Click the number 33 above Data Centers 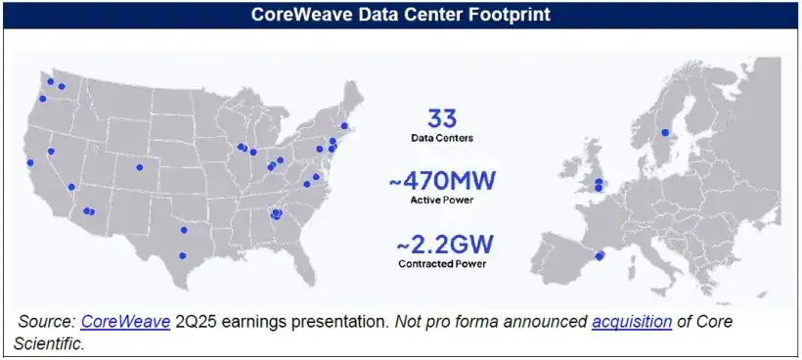pyautogui.click(x=442, y=119)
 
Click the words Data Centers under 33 pyautogui.click(x=442, y=139)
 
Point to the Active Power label pyautogui.click(x=442, y=200)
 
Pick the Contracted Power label pyautogui.click(x=442, y=263)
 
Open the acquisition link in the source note pyautogui.click(x=631, y=322)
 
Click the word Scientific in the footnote pyautogui.click(x=50, y=343)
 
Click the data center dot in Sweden pyautogui.click(x=665, y=132)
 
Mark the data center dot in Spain pyautogui.click(x=600, y=255)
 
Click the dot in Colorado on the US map pyautogui.click(x=139, y=167)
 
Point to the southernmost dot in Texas pyautogui.click(x=182, y=255)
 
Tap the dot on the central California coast pyautogui.click(x=30, y=162)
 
